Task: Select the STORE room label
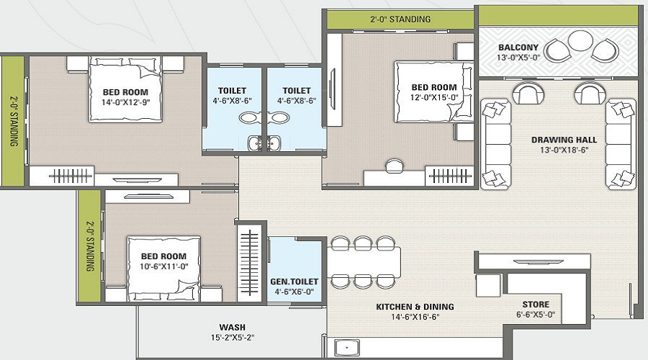536,305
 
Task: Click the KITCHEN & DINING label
415,307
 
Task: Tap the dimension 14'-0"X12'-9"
125,103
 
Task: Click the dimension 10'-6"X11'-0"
163,267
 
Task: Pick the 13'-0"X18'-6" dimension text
559,150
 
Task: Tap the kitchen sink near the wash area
348,346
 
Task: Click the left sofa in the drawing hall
496,143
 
